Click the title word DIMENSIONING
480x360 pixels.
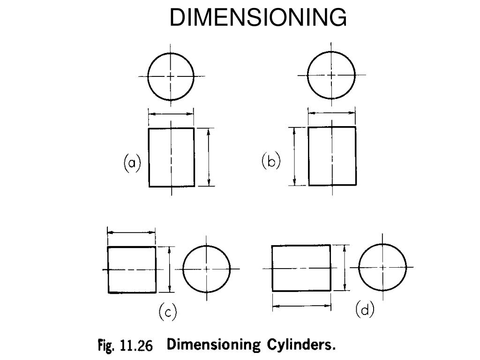coord(258,18)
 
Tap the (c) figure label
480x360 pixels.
coord(167,312)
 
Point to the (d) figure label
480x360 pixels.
coord(365,310)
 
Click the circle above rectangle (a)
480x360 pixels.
coord(171,76)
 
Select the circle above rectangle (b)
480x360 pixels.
coord(331,75)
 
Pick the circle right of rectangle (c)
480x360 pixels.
coord(207,269)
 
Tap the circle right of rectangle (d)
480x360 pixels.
coord(382,267)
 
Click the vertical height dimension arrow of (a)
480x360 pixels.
coord(209,157)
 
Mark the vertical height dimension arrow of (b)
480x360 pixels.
coord(295,156)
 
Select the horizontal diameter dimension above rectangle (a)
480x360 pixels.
coord(171,113)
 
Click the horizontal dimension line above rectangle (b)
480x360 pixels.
coord(332,112)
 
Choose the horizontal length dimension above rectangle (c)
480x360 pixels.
coord(131,232)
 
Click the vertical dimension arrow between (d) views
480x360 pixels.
coord(345,268)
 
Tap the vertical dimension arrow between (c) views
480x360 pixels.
coord(170,270)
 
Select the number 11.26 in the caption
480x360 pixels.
coord(136,346)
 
